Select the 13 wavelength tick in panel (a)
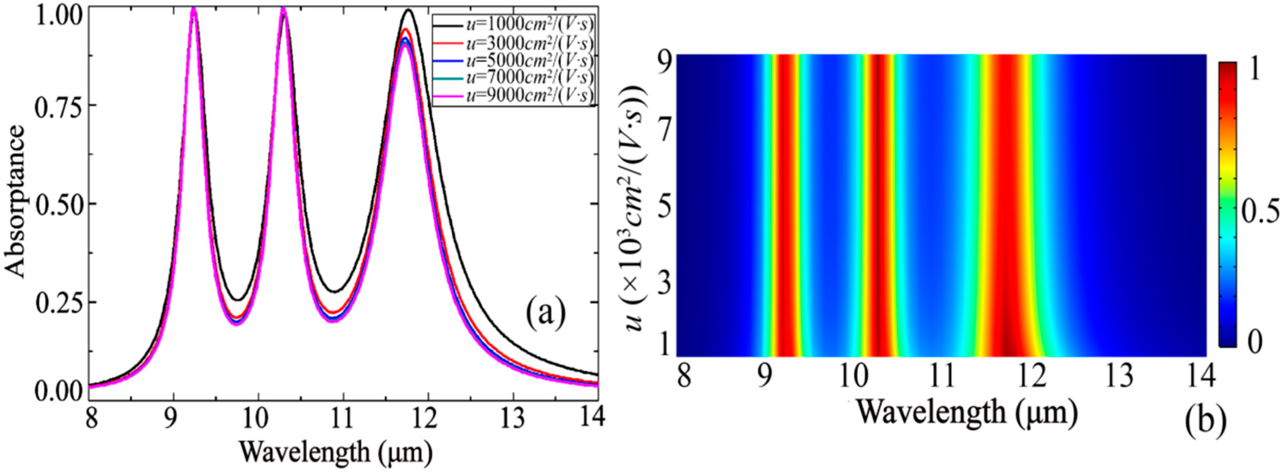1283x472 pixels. click(514, 417)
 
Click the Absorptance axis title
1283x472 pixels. click(16, 201)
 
